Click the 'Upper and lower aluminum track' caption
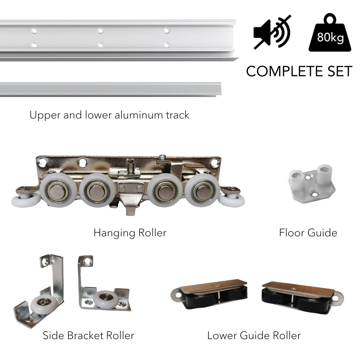pyautogui.click(x=109, y=115)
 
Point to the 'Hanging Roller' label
pyautogui.click(x=130, y=233)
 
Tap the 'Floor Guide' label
pyautogui.click(x=308, y=233)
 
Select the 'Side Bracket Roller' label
pyautogui.click(x=88, y=335)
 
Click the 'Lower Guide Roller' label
pyautogui.click(x=254, y=335)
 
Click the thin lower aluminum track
pyautogui.click(x=111, y=89)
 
